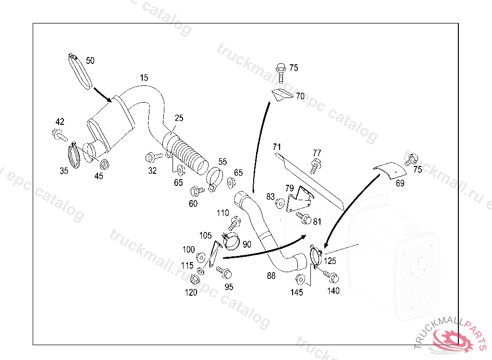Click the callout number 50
coord(90,60)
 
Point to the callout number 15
coord(144,78)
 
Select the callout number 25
coord(179,118)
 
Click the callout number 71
coord(277,146)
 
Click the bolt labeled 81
coord(304,217)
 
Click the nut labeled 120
coord(195,279)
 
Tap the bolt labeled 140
coord(331,276)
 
